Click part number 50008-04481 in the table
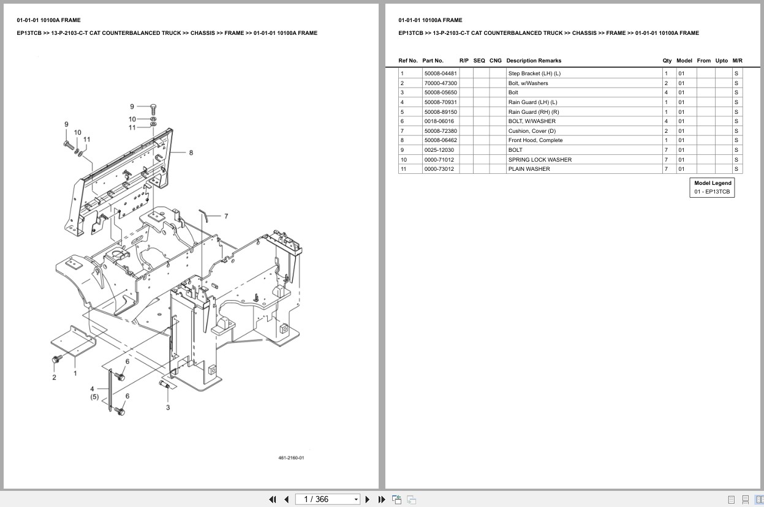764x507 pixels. (x=440, y=73)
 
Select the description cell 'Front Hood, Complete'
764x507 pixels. (x=535, y=140)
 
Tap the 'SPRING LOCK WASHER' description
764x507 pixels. (x=539, y=160)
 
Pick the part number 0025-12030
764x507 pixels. (x=439, y=150)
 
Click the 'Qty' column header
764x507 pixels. (x=667, y=61)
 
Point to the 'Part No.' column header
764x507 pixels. (x=433, y=61)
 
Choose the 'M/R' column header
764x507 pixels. (x=737, y=61)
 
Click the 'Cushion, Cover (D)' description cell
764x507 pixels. (x=532, y=131)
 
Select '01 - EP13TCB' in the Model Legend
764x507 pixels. (x=712, y=192)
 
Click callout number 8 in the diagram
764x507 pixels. (x=191, y=152)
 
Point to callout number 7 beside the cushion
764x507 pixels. (x=226, y=216)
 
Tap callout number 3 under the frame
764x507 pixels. (x=168, y=407)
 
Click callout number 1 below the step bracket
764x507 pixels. (x=75, y=373)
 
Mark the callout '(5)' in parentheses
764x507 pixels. (x=94, y=397)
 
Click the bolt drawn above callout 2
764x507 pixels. (x=58, y=359)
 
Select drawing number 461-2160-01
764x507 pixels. (x=291, y=458)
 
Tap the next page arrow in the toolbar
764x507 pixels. (x=368, y=499)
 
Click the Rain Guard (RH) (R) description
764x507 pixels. (x=533, y=112)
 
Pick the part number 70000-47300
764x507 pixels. (x=440, y=83)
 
